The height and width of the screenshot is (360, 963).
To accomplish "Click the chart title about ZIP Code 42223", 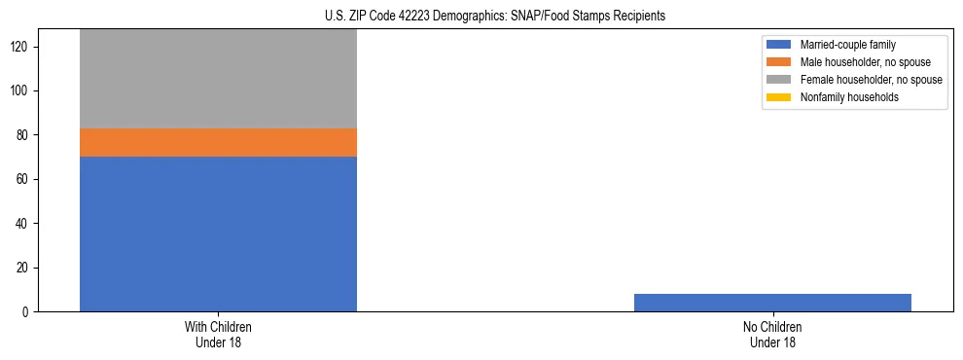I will [495, 17].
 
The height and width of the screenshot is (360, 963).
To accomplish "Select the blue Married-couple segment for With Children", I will [218, 234].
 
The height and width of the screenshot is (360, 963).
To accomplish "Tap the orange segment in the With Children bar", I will [218, 142].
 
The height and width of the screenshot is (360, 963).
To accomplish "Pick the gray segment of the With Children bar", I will [218, 79].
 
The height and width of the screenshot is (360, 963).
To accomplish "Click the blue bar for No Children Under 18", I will [772, 303].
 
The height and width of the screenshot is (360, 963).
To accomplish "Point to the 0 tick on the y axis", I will [26, 312].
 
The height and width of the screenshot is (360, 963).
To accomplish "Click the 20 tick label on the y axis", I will [23, 268].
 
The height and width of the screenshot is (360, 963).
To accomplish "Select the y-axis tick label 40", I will [23, 224].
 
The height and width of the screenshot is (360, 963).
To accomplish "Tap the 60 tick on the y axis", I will [23, 180].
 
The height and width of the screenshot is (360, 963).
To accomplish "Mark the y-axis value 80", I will [23, 135].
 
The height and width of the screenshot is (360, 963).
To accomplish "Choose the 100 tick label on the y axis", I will [20, 91].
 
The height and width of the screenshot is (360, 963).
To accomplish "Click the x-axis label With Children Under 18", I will [218, 334].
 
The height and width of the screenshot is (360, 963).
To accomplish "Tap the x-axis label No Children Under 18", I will [772, 334].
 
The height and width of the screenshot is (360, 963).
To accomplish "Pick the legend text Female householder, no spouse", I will [871, 80].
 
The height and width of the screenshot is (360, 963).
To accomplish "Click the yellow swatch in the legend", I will [778, 97].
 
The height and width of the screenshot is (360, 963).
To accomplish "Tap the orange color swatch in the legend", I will [778, 62].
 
